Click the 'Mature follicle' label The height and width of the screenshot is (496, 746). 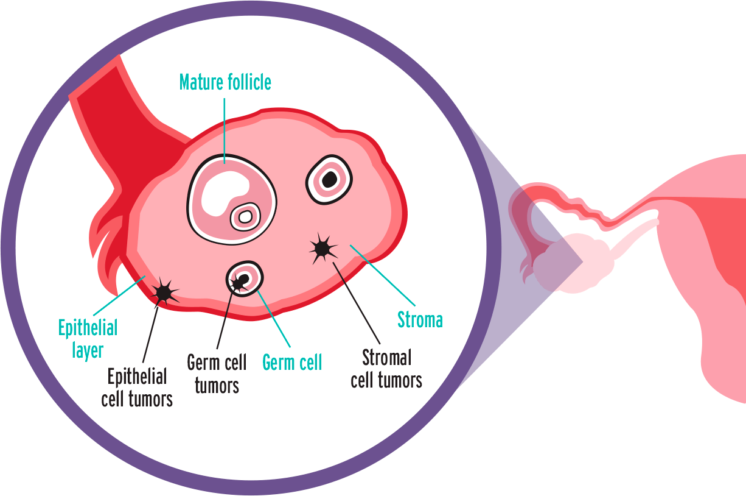225,82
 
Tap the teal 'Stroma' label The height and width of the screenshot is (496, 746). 420,319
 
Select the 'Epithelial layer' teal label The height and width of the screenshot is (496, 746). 88,339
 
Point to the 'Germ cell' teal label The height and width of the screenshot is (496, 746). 292,363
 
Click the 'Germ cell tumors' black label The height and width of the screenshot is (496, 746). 217,374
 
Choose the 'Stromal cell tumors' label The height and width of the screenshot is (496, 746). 386,369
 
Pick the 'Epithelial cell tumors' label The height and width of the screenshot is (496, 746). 137,388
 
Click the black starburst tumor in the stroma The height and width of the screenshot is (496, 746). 322,247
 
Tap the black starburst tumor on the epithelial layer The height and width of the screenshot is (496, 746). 164,293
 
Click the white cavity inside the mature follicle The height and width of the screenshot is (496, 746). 222,190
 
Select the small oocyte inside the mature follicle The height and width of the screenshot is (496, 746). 245,216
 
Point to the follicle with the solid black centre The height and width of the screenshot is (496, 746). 329,179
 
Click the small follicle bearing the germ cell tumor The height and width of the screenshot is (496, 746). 245,279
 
